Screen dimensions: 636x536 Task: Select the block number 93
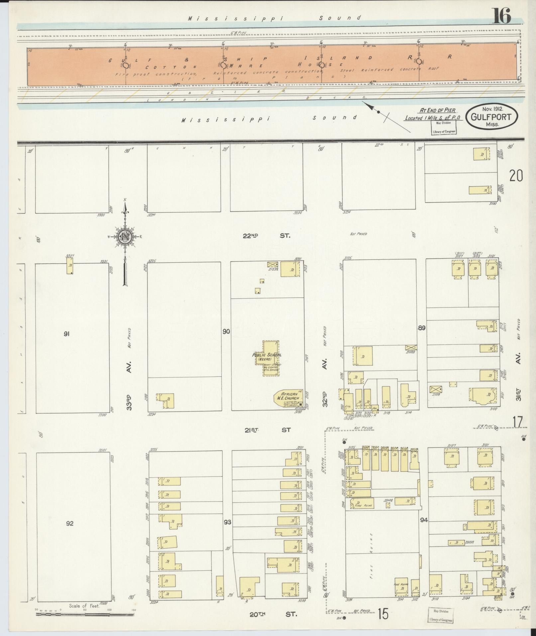[x=227, y=522]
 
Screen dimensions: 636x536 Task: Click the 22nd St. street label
[x=267, y=236]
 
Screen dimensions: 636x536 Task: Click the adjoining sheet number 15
[x=382, y=614]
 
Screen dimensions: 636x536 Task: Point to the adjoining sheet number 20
[x=516, y=176]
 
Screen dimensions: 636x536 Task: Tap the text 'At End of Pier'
[x=437, y=110]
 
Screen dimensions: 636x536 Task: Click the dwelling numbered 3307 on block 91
[x=70, y=266]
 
